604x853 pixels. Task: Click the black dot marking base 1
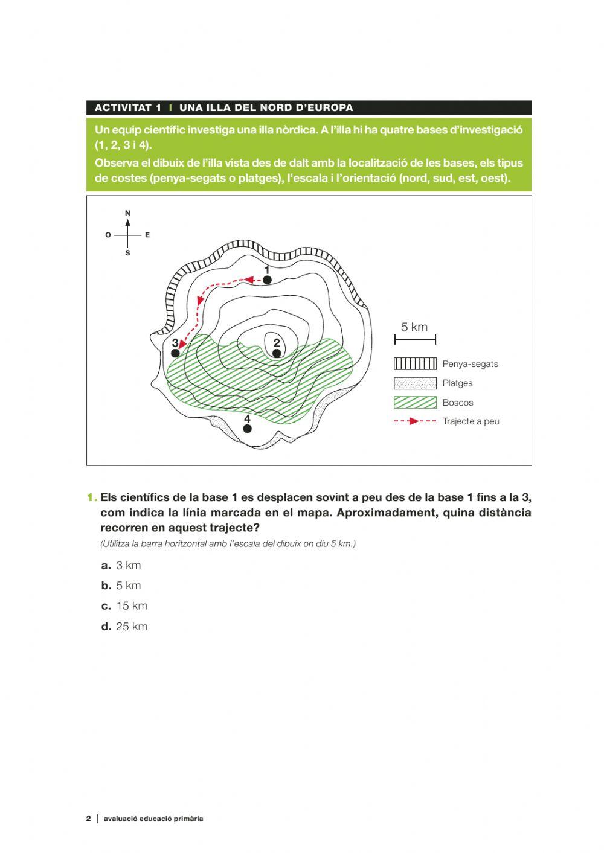(x=267, y=280)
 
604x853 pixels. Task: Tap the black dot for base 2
(x=277, y=353)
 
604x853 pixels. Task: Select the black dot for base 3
(x=176, y=353)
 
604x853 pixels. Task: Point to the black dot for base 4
(x=247, y=429)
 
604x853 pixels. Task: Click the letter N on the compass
(x=127, y=213)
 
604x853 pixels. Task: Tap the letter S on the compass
(x=127, y=254)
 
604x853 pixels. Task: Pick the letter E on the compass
(x=147, y=235)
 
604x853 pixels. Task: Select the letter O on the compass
(x=108, y=235)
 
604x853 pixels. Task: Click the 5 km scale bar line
(x=415, y=340)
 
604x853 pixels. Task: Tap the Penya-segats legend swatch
(x=415, y=363)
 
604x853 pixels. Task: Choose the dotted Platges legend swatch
(x=415, y=383)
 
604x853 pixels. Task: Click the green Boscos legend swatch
(x=415, y=403)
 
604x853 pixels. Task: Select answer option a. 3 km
(x=121, y=566)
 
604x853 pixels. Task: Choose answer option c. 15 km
(x=124, y=606)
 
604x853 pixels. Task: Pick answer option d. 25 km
(x=124, y=627)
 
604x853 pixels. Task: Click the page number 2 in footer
(x=88, y=819)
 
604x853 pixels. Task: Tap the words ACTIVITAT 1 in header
(x=128, y=108)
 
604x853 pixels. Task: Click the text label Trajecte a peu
(x=471, y=421)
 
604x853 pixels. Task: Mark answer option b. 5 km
(x=121, y=586)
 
